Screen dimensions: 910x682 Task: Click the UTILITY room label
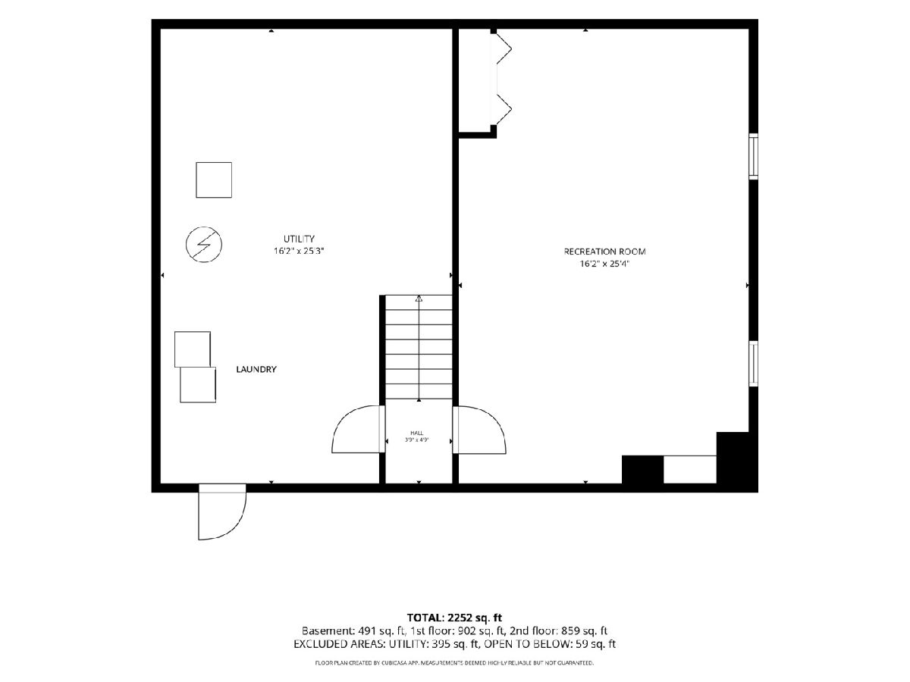tap(299, 239)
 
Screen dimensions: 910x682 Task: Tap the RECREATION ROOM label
tap(604, 252)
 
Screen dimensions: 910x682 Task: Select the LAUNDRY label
tap(256, 369)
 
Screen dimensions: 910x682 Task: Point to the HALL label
tap(417, 433)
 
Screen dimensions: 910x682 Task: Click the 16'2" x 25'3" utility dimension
tap(299, 251)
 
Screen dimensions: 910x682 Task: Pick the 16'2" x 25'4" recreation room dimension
tap(604, 264)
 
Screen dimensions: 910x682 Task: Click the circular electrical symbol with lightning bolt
tap(203, 244)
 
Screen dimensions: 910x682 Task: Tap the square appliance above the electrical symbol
tap(214, 180)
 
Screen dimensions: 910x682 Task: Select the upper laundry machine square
tap(193, 349)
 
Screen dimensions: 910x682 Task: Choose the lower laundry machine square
tap(198, 385)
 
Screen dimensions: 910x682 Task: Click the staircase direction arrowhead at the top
tap(419, 298)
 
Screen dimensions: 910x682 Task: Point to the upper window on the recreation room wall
tap(753, 157)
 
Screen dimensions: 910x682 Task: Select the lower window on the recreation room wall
tap(753, 364)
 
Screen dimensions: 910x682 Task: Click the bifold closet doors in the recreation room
tap(503, 79)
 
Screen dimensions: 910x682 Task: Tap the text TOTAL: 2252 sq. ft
tap(454, 618)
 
